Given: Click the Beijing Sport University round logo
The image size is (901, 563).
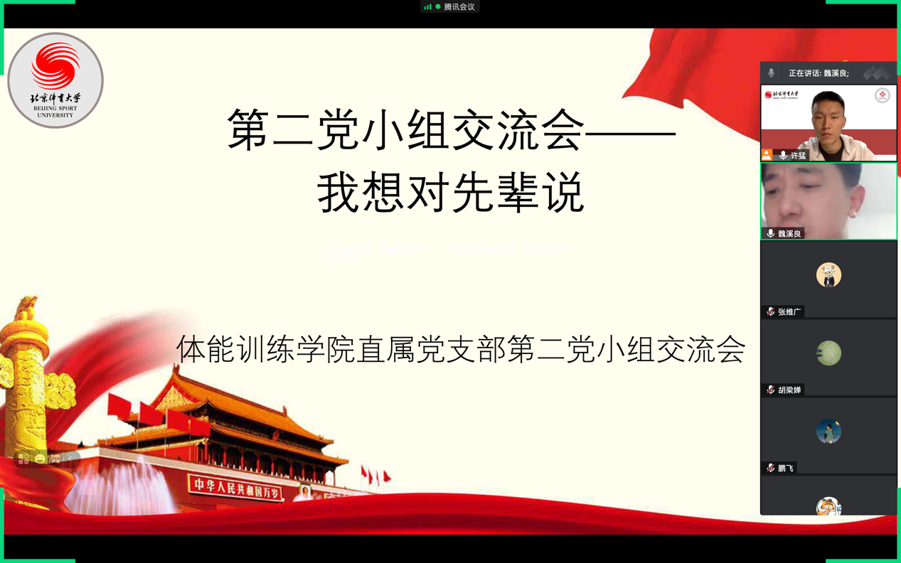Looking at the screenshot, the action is pos(55,80).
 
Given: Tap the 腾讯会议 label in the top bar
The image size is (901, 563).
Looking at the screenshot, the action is pos(459,7).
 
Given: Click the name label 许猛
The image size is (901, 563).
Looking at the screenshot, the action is pos(798,155).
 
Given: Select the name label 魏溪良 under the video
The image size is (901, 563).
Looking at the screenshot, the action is pos(789,234).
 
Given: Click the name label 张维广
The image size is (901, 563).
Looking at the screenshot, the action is pos(789,311).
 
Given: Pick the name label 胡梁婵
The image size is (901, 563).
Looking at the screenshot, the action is pos(789,390).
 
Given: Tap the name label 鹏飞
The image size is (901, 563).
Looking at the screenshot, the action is pos(786,468).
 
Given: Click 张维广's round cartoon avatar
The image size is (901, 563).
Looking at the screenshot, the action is pos(828,275).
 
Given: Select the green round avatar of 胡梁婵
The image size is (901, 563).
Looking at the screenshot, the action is pos(828,353).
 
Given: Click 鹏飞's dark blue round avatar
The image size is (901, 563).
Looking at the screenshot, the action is pos(828,431).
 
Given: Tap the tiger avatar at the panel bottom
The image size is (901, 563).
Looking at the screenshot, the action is pos(828,506).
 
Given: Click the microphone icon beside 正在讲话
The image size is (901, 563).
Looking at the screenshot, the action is pos(771,73).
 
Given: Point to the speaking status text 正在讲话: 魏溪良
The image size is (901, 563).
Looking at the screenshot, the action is pos(819,73).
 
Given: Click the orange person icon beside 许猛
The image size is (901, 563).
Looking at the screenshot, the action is pos(767,155).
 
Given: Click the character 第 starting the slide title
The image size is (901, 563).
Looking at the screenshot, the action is pos(247,130).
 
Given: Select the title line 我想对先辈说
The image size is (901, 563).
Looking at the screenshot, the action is pos(451,191).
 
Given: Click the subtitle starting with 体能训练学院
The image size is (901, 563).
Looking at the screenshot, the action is pos(461,349).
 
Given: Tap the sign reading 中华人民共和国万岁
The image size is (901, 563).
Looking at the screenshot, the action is pos(236,488).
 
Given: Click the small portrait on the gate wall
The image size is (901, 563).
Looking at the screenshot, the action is pos(305,490).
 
